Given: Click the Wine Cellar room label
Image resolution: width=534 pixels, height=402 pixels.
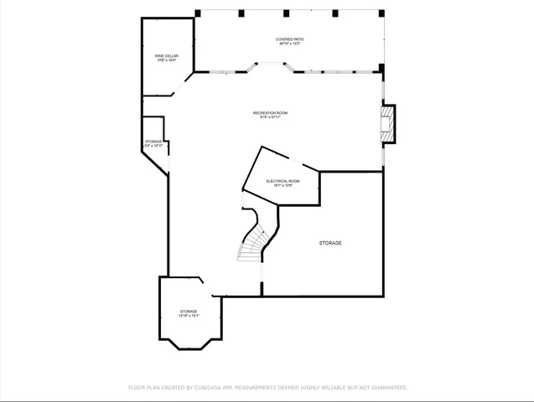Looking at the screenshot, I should [x=165, y=55].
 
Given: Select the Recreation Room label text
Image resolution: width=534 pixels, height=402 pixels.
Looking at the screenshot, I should [x=271, y=112].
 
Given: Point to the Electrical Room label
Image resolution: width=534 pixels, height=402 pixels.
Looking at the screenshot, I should [x=283, y=181].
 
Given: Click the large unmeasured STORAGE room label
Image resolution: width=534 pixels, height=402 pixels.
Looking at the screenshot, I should [x=329, y=243].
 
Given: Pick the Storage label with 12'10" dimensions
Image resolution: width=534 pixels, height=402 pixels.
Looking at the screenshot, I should [x=189, y=312].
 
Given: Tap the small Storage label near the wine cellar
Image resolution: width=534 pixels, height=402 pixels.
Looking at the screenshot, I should [x=153, y=142].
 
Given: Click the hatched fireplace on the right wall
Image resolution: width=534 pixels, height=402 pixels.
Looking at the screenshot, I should [x=387, y=123].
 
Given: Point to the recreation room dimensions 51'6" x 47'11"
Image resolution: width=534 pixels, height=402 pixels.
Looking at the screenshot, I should [x=271, y=117].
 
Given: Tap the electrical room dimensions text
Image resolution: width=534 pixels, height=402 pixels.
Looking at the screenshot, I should [x=283, y=186].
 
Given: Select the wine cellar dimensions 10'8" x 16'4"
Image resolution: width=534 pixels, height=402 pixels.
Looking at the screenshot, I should [x=165, y=60].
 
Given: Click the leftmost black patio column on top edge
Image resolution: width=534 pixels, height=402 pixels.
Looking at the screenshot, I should [x=198, y=13].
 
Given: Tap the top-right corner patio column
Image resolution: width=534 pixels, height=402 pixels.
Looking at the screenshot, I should [x=381, y=13].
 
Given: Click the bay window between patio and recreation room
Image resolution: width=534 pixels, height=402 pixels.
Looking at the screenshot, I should [x=271, y=65].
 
